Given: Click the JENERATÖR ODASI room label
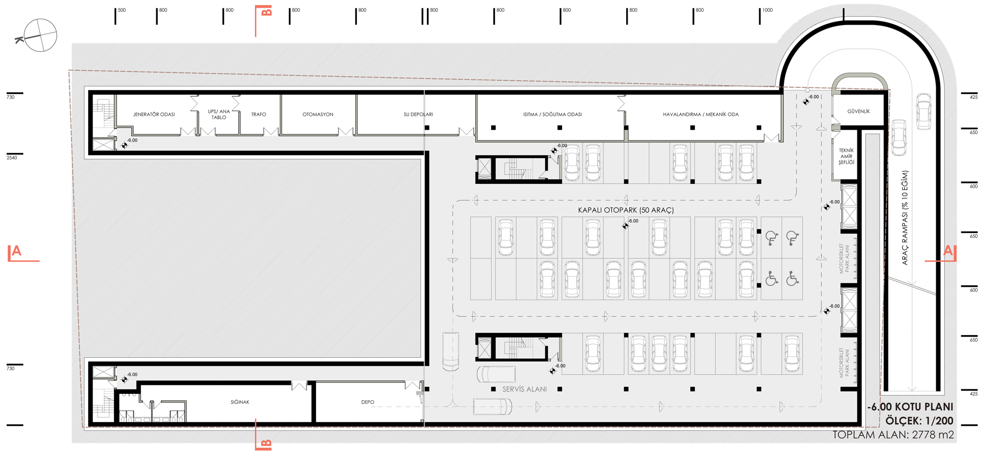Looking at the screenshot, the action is pyautogui.click(x=154, y=114).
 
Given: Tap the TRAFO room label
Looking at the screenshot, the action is pyautogui.click(x=258, y=114).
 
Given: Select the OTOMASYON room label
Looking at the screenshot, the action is pyautogui.click(x=318, y=114).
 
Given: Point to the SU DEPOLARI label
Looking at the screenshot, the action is pyautogui.click(x=418, y=114).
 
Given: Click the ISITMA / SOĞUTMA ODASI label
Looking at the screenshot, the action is pyautogui.click(x=552, y=114).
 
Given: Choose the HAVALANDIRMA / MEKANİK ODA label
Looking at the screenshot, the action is pyautogui.click(x=701, y=114).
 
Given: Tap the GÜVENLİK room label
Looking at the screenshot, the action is pyautogui.click(x=858, y=111).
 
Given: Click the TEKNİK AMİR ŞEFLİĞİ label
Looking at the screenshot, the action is pyautogui.click(x=846, y=156).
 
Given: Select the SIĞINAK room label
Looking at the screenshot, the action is pyautogui.click(x=240, y=402).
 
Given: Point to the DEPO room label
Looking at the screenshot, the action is pyautogui.click(x=367, y=402).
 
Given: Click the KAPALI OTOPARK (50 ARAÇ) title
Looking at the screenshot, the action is pyautogui.click(x=626, y=210).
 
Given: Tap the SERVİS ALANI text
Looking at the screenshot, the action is pyautogui.click(x=525, y=389).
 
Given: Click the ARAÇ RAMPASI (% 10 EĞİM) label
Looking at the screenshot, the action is pyautogui.click(x=905, y=218).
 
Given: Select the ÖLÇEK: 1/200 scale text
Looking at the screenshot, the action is pyautogui.click(x=919, y=421).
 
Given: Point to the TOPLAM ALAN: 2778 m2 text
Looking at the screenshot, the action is pyautogui.click(x=893, y=435).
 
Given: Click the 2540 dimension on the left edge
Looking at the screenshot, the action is pyautogui.click(x=12, y=158).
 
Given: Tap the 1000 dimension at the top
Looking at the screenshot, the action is pyautogui.click(x=768, y=10).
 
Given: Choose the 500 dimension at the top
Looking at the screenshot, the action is pyautogui.click(x=122, y=10).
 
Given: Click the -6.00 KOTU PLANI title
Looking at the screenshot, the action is pyautogui.click(x=910, y=407).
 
